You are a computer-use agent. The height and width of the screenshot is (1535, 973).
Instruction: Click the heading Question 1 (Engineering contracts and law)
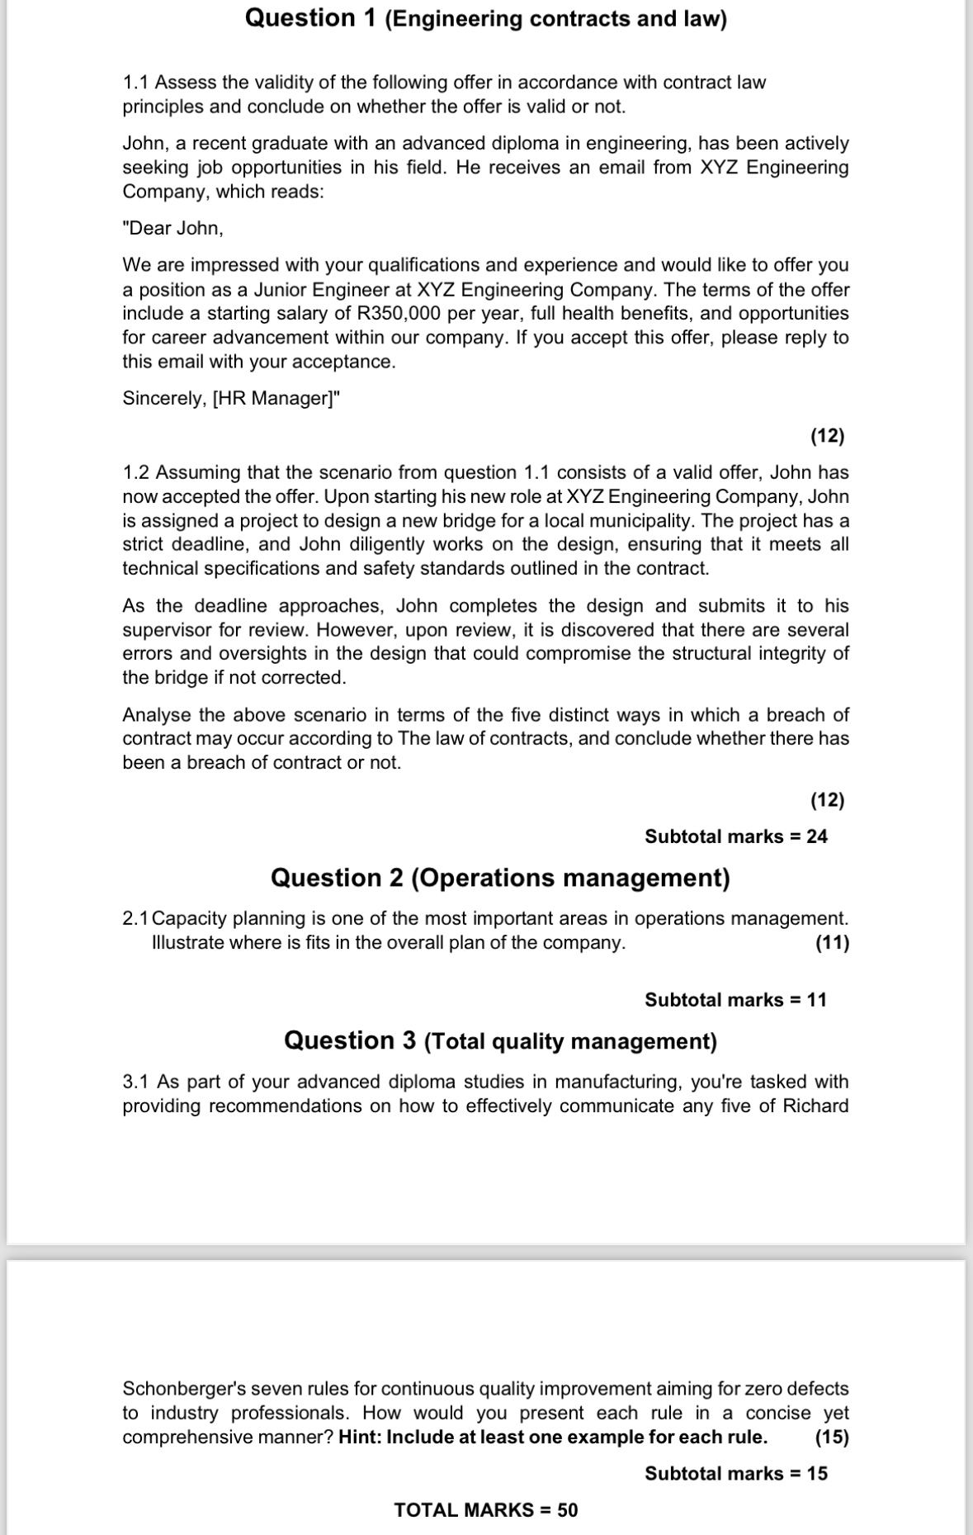coord(485,19)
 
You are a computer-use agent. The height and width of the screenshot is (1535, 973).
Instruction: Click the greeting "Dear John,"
coord(173,229)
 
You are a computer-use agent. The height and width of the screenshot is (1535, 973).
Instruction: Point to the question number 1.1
coord(136,83)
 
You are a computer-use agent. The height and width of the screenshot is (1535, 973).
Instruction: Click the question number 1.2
coord(136,473)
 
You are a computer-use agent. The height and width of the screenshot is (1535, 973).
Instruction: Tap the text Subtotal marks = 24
coord(735,836)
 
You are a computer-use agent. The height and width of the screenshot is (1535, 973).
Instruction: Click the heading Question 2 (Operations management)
coord(500,878)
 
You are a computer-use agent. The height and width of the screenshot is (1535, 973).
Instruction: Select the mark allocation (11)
coord(832,943)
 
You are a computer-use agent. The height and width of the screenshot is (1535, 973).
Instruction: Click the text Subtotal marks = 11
coord(735,1000)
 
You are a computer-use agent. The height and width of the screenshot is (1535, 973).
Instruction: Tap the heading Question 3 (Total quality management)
coord(500,1041)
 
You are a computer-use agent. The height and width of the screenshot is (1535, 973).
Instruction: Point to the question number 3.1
coord(136,1083)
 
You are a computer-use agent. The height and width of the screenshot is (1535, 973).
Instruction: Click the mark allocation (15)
coord(832,1438)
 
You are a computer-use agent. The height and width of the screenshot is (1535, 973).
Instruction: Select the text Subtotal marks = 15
coord(735,1474)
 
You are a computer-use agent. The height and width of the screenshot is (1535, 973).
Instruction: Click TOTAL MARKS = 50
coord(486,1510)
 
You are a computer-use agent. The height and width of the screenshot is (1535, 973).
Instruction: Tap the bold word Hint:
coord(360,1438)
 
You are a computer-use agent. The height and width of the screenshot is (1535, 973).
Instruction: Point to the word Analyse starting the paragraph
coord(157,715)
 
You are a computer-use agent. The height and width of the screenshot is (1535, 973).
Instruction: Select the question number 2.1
coord(135,919)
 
